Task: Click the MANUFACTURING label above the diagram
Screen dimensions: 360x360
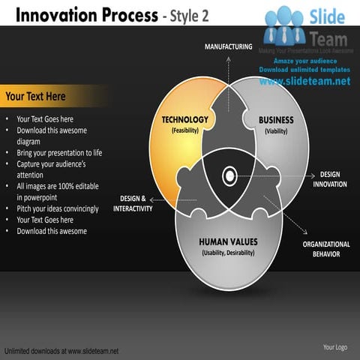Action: coord(229,47)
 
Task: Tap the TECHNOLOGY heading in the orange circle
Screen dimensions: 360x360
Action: coord(185,120)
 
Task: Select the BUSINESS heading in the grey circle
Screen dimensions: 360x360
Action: coord(276,120)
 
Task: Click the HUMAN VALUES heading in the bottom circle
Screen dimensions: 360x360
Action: coord(228,241)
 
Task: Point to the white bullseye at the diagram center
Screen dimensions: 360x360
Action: coord(228,177)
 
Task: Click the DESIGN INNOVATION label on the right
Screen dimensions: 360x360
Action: coord(329,179)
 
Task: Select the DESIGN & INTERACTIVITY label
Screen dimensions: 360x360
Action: coord(133,203)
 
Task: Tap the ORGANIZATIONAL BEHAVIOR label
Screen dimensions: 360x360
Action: coord(326,249)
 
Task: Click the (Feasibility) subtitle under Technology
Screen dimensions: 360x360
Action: coord(185,130)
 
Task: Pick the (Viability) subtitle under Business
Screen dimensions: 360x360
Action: coord(276,130)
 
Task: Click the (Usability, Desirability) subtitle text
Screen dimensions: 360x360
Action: coord(228,253)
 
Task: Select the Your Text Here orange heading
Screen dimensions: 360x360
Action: coord(35,97)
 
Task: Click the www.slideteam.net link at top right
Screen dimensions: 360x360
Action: coord(305,81)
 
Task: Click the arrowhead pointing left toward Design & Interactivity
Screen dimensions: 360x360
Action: coord(151,199)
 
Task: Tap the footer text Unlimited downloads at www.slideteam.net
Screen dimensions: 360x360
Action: coord(61,350)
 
